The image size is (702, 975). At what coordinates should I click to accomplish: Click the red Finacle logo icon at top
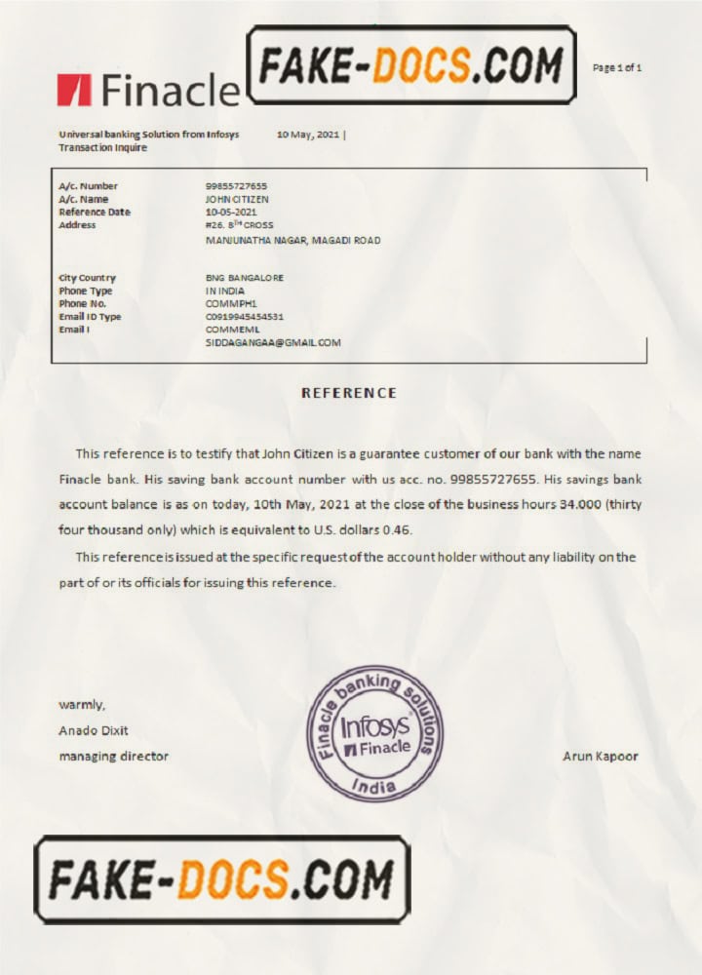tap(74, 89)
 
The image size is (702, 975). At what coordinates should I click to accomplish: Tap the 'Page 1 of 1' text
tap(617, 67)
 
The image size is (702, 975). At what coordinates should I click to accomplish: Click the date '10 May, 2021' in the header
tap(307, 135)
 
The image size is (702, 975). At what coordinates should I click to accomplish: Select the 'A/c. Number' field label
tap(88, 186)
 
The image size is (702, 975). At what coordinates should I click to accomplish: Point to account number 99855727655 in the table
tap(236, 186)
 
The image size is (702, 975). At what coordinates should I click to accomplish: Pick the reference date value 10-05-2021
tap(231, 212)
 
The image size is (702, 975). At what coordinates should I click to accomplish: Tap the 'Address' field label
tap(77, 225)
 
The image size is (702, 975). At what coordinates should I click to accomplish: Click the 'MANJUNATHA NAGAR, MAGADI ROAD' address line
tap(292, 240)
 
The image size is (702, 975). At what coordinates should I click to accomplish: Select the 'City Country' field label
tap(87, 278)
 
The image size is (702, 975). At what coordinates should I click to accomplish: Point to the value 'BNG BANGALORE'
tap(245, 278)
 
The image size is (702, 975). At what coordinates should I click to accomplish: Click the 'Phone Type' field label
tap(85, 291)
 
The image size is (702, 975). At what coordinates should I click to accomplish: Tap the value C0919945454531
tap(245, 317)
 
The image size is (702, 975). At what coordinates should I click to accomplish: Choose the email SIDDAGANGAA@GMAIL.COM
tap(273, 343)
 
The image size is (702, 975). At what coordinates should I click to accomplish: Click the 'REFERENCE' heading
tap(349, 393)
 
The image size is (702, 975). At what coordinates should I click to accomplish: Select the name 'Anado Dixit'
tap(94, 730)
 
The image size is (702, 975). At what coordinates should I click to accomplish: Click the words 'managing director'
tap(113, 757)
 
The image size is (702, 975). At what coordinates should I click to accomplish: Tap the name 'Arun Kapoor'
tap(601, 757)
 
